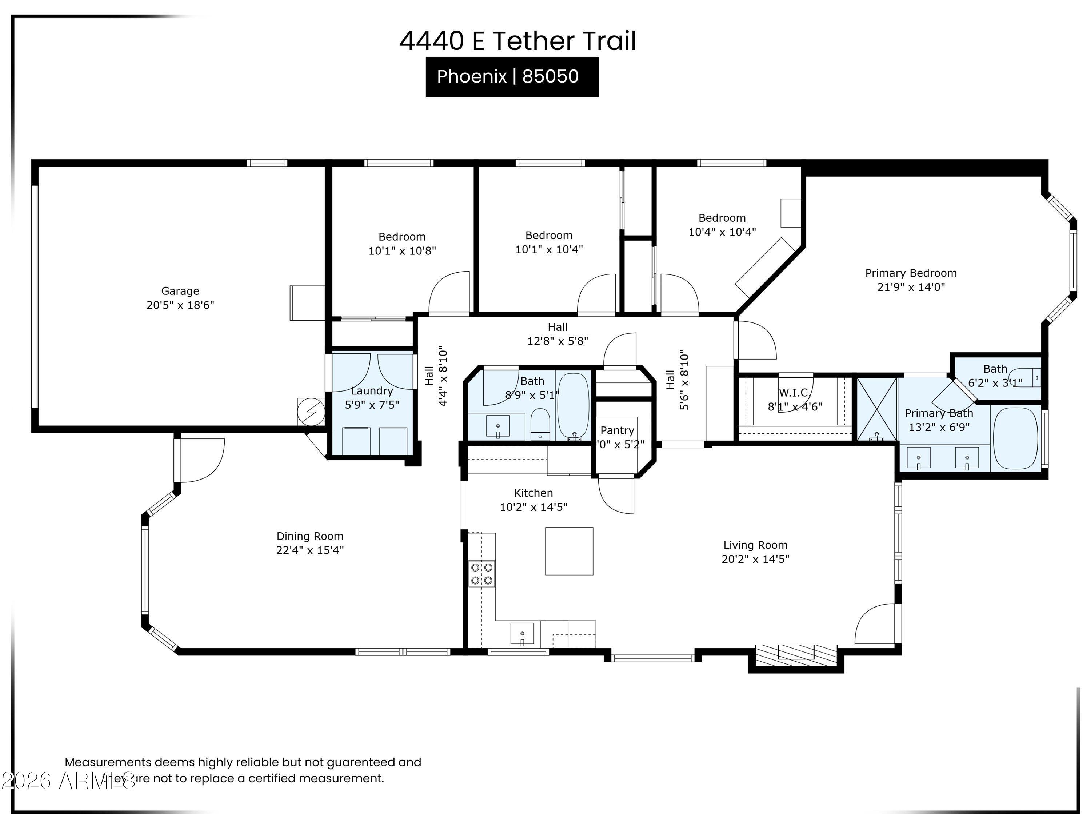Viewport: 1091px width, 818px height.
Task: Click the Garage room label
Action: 180,291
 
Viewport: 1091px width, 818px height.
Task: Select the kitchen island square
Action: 569,551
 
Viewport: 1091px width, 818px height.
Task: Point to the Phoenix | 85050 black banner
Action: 512,76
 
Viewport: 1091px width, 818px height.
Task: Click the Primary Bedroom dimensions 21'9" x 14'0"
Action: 911,287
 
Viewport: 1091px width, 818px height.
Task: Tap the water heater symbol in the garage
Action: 311,411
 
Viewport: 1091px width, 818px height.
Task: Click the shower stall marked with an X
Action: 876,409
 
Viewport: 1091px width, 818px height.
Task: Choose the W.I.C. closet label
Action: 795,393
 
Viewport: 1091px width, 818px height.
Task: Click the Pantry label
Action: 617,430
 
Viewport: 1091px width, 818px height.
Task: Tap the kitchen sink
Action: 522,634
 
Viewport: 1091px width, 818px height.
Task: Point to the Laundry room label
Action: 372,391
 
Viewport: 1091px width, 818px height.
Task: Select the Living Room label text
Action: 755,545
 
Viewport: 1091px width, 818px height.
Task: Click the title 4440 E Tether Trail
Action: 517,41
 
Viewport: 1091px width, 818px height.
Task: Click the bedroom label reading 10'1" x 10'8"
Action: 402,251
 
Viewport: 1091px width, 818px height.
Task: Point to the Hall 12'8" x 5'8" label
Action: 558,334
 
